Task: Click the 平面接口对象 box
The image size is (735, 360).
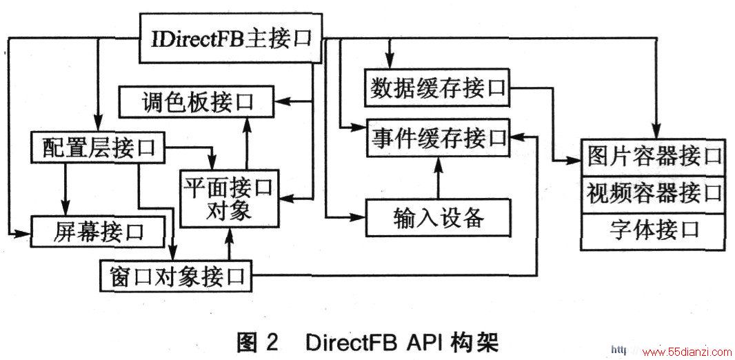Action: click(x=229, y=200)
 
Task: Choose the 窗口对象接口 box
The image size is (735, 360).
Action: click(x=176, y=275)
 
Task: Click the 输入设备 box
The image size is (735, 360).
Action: click(x=439, y=217)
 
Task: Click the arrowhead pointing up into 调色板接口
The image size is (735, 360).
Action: click(x=245, y=123)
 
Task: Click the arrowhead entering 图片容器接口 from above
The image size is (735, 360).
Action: click(x=656, y=132)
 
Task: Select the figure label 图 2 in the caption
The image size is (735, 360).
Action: click(x=258, y=343)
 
